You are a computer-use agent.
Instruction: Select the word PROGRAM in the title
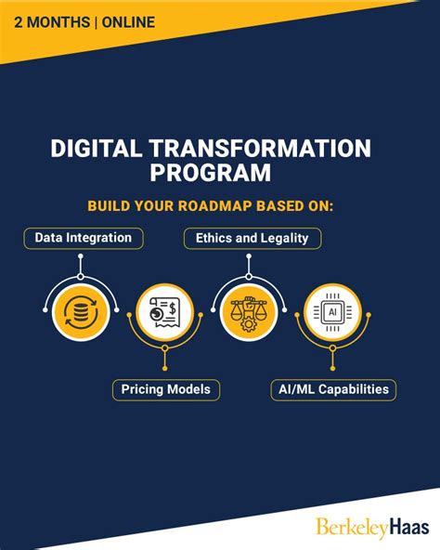coord(220,174)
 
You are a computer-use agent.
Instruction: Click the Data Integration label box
coord(84,238)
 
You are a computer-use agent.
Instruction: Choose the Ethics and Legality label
coord(252,238)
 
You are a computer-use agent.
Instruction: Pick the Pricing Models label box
coord(166,389)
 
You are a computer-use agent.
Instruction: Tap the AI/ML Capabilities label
coord(332,389)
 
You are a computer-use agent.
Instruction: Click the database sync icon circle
coord(82,312)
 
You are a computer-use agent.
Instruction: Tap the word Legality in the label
coord(284,238)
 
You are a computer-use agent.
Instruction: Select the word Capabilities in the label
coord(352,389)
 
